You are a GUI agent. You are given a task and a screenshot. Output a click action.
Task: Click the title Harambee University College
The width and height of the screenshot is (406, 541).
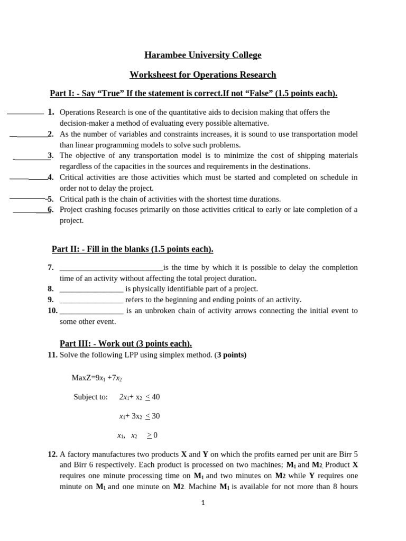(x=203, y=55)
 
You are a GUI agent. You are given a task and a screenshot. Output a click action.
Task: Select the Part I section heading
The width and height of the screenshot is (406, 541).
(x=193, y=94)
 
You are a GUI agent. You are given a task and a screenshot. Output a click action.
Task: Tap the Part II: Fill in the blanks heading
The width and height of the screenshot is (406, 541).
(x=132, y=249)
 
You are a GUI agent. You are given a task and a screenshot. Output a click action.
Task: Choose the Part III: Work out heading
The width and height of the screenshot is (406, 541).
(x=126, y=343)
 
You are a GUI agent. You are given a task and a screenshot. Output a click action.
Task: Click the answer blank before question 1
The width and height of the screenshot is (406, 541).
(x=25, y=113)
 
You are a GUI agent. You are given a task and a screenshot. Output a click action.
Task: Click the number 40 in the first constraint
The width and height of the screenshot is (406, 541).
(x=155, y=397)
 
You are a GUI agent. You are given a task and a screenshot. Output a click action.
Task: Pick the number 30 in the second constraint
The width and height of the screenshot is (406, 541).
(x=155, y=416)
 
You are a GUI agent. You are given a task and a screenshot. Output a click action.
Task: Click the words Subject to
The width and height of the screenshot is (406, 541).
(x=90, y=397)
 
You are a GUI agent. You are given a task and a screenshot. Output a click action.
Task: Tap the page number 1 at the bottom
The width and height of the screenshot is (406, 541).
(x=202, y=503)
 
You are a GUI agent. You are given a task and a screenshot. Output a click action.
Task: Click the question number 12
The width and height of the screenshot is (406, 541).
(x=52, y=454)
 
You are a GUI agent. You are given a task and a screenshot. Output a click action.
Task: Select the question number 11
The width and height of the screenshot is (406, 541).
(x=52, y=355)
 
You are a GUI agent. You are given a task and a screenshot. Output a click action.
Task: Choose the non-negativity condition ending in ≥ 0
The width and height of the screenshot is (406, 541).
(x=137, y=435)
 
